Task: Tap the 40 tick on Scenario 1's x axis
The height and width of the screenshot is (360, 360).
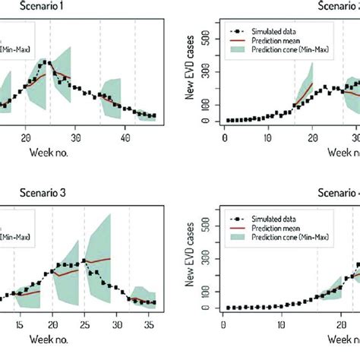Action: pos(127,138)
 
